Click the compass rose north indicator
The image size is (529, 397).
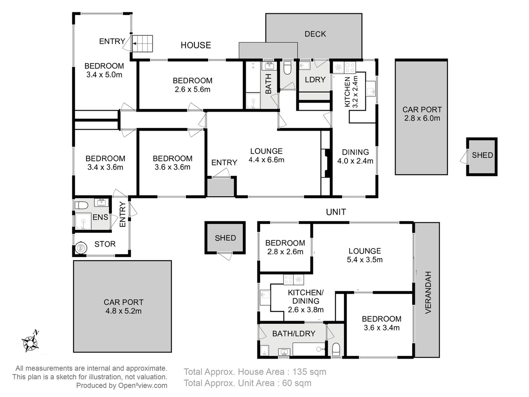pyautogui.click(x=30, y=341)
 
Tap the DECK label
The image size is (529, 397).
pyautogui.click(x=315, y=34)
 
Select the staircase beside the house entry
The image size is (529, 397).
pyautogui.click(x=142, y=44)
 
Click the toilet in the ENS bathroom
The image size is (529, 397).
pyautogui.click(x=81, y=206)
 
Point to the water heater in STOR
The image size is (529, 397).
pyautogui.click(x=80, y=247)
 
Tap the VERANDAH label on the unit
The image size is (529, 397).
pyautogui.click(x=428, y=292)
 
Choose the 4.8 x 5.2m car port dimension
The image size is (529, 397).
pyautogui.click(x=123, y=311)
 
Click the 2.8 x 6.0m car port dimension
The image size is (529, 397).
pyautogui.click(x=422, y=118)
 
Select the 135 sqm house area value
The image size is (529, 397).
pyautogui.click(x=309, y=372)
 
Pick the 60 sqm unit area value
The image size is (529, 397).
pyautogui.click(x=296, y=383)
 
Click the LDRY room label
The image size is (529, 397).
pyautogui.click(x=315, y=79)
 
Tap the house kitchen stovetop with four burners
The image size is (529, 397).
pyautogui.click(x=350, y=67)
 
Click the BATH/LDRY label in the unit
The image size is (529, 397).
pyautogui.click(x=294, y=333)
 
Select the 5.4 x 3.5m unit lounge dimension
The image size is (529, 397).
pyautogui.click(x=365, y=260)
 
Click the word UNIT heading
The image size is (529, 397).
pyautogui.click(x=336, y=212)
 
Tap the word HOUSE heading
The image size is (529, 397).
pyautogui.click(x=196, y=45)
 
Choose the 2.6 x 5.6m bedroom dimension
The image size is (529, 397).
pyautogui.click(x=193, y=90)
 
